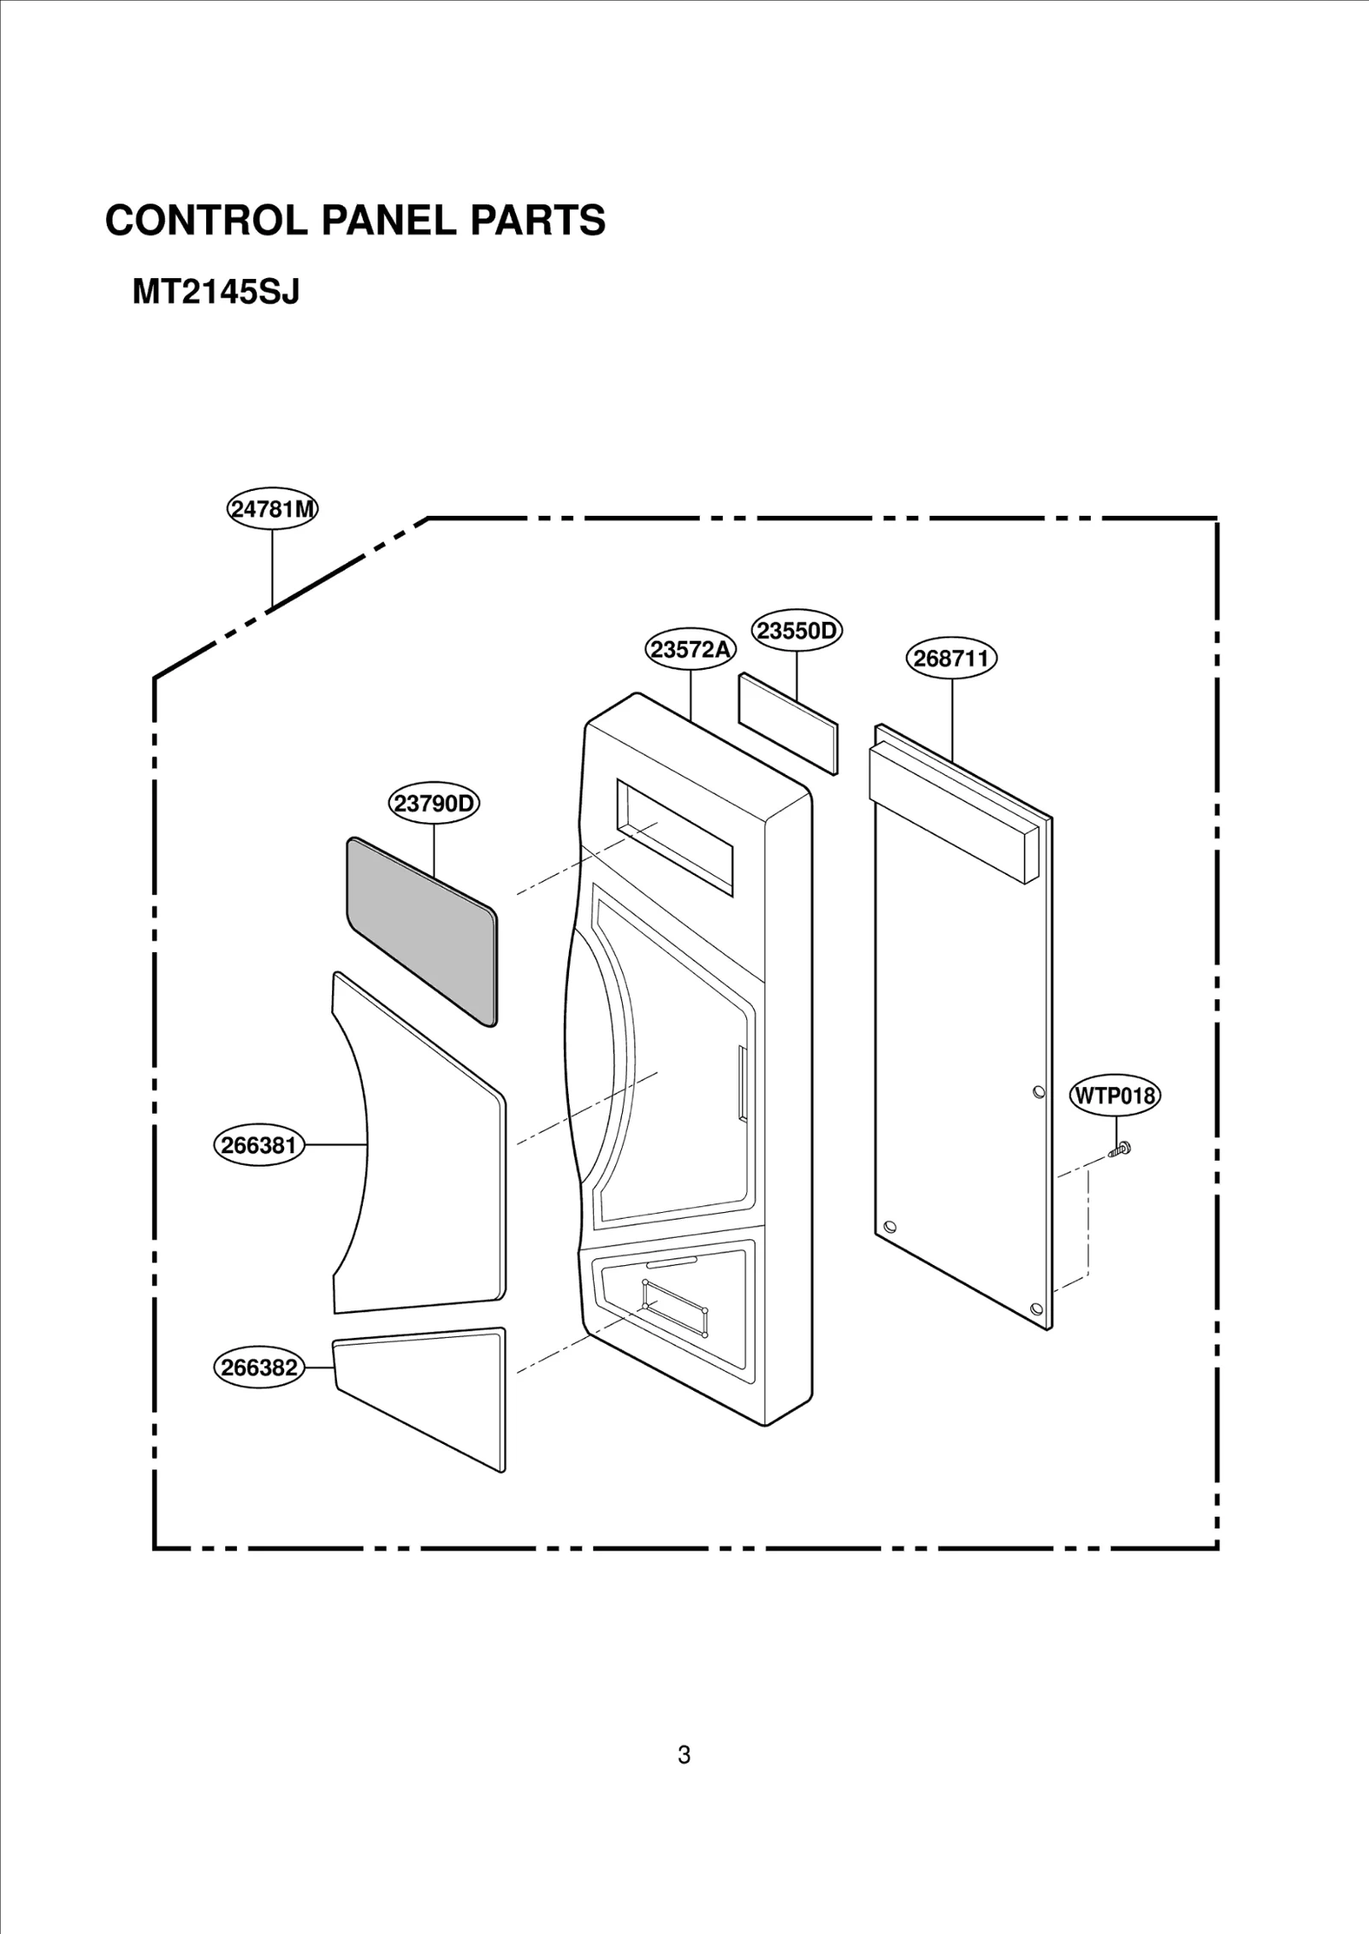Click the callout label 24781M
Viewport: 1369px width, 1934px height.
[x=272, y=509]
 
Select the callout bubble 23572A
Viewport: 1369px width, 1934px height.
[x=690, y=650]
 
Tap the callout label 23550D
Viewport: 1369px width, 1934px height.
[x=797, y=630]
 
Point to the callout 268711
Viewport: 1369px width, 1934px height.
[x=951, y=659]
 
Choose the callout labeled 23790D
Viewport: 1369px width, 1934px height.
[x=434, y=804]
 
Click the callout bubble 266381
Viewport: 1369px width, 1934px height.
[x=259, y=1144]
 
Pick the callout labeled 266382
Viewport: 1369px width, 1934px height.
[x=259, y=1368]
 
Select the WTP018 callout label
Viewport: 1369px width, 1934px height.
[x=1115, y=1096]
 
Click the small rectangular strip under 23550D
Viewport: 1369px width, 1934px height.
[x=788, y=723]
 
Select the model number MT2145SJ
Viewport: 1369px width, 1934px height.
[x=216, y=293]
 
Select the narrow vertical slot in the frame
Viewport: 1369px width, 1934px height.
[x=742, y=1081]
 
